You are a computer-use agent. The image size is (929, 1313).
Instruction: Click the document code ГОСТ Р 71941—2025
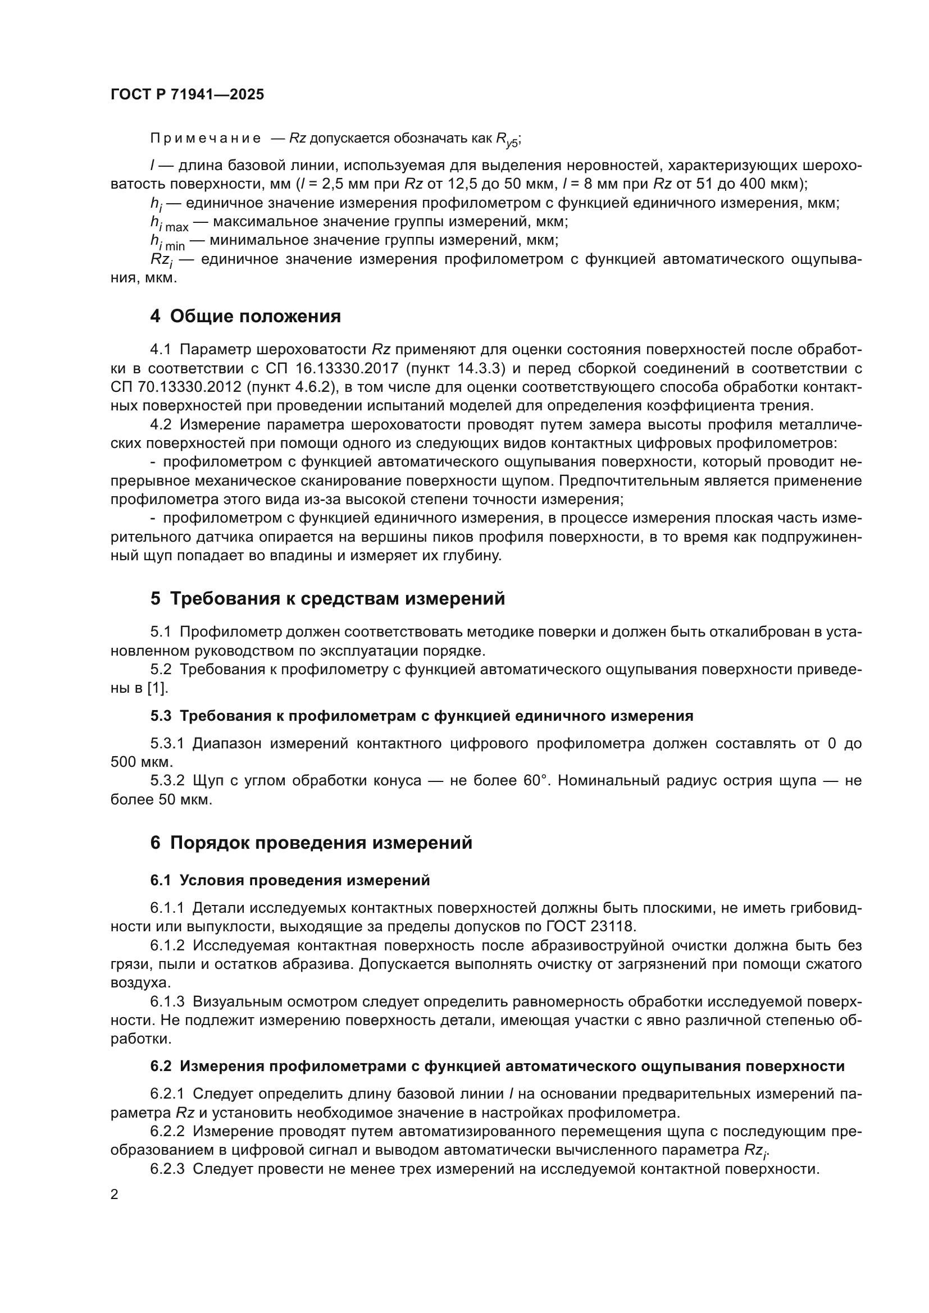187,95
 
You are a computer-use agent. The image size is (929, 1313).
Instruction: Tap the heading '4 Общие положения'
245,315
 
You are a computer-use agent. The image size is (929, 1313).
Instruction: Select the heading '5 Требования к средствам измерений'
328,598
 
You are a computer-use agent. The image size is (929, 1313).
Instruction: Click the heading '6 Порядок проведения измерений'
311,843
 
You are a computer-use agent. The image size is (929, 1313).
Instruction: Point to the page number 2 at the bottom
115,1194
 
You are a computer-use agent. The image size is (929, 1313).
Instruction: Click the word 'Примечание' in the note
206,139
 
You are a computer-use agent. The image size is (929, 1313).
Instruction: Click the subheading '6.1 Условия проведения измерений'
290,880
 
